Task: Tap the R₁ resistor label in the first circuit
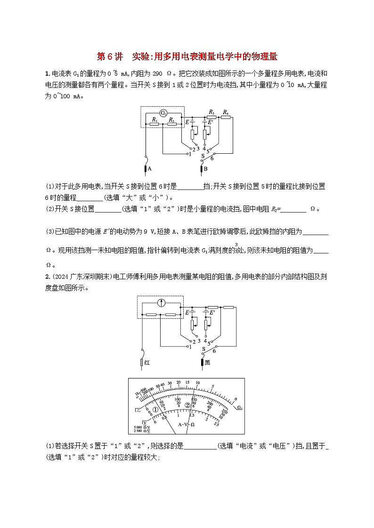click(x=154, y=120)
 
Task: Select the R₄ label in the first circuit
click(x=226, y=112)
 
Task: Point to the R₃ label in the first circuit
click(x=211, y=112)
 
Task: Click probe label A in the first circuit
click(x=150, y=168)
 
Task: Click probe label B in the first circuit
click(x=206, y=168)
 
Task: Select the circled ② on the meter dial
click(x=187, y=405)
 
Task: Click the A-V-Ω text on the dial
click(x=186, y=424)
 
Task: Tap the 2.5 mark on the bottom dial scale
click(x=216, y=425)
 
